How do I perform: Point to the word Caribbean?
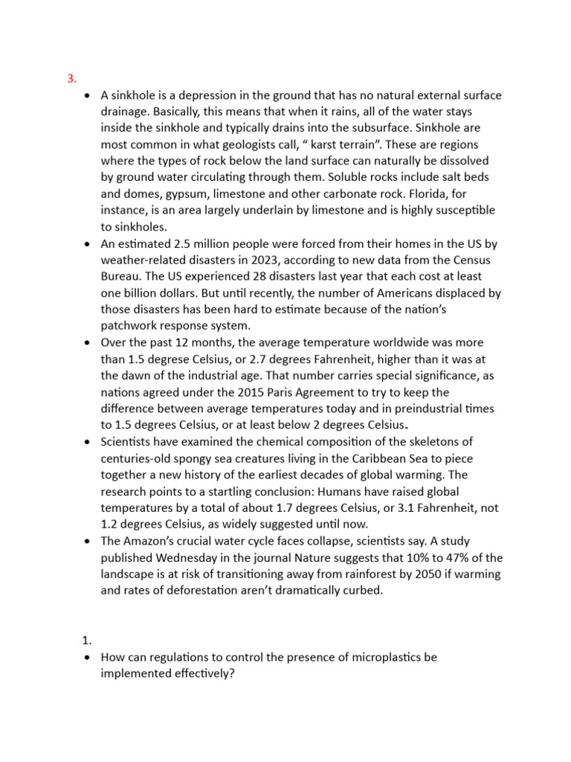tap(375, 458)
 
